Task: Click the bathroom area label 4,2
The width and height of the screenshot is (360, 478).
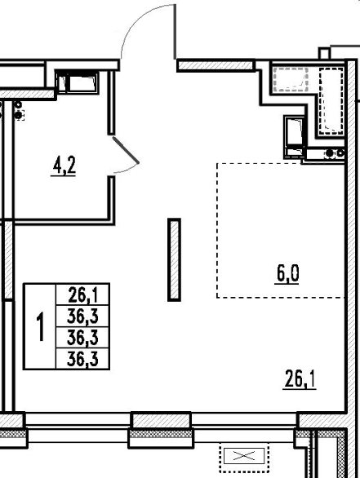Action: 64,166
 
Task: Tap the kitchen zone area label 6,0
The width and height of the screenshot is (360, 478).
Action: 287,274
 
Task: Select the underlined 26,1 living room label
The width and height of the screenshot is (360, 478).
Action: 300,379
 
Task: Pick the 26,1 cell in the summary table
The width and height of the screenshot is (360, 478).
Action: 82,294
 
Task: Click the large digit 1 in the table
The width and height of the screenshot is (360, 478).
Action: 40,326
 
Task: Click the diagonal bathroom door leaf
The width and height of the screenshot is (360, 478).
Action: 126,150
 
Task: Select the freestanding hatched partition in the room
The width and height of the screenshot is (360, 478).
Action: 174,259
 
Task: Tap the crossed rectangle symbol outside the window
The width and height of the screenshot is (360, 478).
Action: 244,456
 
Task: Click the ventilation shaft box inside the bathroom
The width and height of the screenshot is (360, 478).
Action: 78,82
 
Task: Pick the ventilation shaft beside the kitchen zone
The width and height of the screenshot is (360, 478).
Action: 294,137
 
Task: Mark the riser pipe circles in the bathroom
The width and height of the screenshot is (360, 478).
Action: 19,111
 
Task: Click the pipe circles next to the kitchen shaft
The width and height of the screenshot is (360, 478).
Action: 335,153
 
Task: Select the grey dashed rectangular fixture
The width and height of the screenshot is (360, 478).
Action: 291,80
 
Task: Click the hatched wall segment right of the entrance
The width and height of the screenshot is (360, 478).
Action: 216,65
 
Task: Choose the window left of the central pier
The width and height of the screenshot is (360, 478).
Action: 78,427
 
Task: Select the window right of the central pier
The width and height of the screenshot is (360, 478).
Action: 244,427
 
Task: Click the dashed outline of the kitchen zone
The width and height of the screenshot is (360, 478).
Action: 217,231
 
